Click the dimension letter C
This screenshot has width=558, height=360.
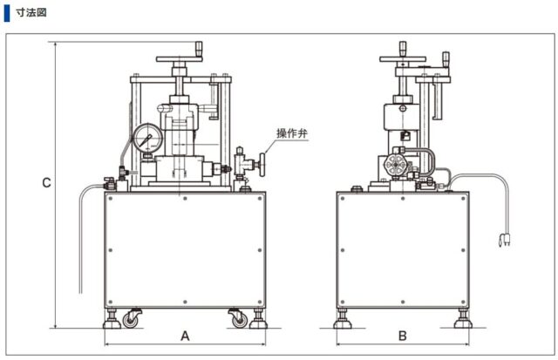point(47,183)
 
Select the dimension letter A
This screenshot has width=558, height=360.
point(184,336)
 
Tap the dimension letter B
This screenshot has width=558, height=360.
point(402,336)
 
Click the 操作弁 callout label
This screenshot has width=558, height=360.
point(291,133)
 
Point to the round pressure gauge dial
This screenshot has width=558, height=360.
point(146,139)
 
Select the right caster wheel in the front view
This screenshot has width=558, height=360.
point(237,319)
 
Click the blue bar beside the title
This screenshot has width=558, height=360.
point(6,13)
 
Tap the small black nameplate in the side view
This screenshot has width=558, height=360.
point(406,135)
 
